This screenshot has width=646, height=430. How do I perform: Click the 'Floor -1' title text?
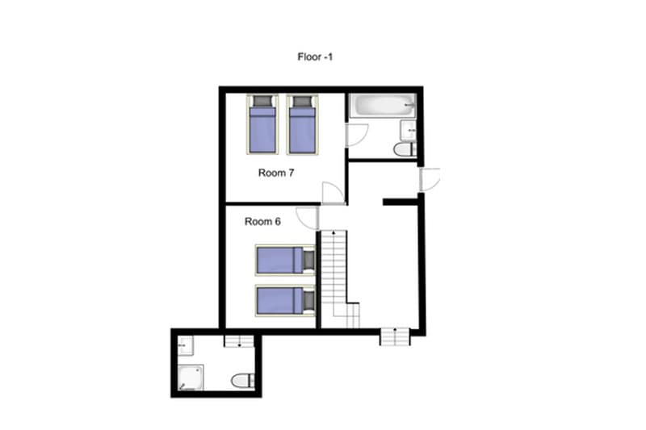point(315,57)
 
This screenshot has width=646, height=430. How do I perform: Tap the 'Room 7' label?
point(275,173)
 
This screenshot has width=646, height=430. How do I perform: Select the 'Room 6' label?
point(262,222)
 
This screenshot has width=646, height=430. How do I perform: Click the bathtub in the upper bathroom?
point(381,106)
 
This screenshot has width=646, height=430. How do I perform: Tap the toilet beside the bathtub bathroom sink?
point(404,149)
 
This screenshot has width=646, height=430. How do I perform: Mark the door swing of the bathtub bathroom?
point(356,135)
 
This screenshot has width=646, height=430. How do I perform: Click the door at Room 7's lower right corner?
point(333,193)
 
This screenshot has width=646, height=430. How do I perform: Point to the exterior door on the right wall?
point(430,178)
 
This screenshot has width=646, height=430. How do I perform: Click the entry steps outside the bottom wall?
point(395,336)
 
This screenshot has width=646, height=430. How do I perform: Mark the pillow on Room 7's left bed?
point(262,102)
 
